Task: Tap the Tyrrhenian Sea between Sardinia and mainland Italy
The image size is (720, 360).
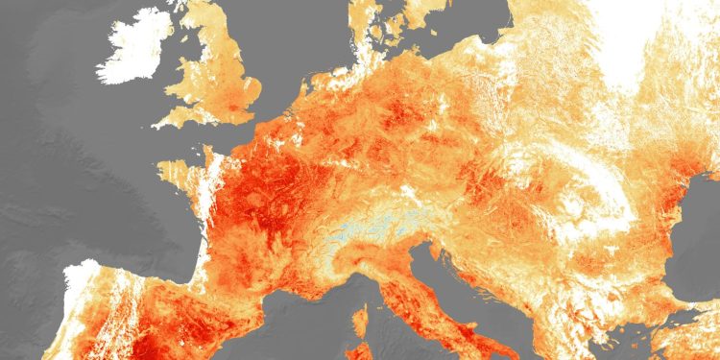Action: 403,336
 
